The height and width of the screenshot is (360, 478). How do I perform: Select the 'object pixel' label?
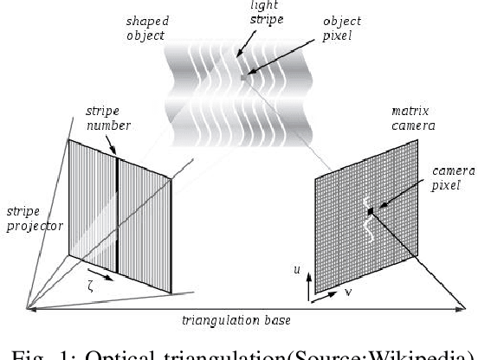tap(294, 27)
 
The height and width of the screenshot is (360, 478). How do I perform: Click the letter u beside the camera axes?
tap(297, 271)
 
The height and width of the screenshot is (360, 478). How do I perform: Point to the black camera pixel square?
tap(370, 210)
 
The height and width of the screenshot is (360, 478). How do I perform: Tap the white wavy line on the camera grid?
tap(367, 228)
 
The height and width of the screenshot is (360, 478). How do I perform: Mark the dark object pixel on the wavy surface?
tap(246, 75)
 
